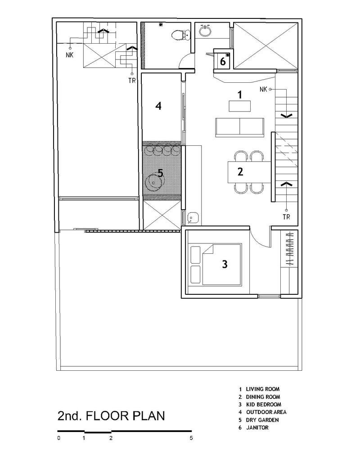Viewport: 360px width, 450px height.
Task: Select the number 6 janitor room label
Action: click(223, 61)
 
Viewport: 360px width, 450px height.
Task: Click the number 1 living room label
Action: click(240, 94)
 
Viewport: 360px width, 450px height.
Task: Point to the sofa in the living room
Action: click(239, 127)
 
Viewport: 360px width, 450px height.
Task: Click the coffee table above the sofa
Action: click(240, 106)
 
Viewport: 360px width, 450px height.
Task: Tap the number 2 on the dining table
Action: click(240, 171)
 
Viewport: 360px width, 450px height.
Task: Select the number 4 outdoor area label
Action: click(158, 106)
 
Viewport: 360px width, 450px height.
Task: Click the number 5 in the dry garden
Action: click(160, 173)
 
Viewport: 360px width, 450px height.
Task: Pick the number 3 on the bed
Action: click(225, 264)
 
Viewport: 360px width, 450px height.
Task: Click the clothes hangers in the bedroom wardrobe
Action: click(290, 248)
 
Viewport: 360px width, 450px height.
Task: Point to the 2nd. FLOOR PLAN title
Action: click(111, 416)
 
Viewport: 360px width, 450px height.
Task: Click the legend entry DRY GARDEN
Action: click(262, 420)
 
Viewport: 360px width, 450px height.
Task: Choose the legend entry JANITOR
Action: click(257, 427)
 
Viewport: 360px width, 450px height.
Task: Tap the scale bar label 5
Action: click(191, 438)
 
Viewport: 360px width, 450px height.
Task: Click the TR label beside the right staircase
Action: click(286, 217)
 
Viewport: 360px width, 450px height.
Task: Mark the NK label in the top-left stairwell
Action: click(70, 55)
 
